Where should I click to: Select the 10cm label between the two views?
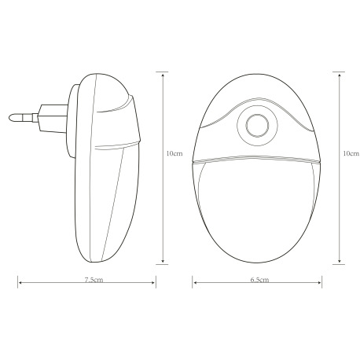[x=174, y=154]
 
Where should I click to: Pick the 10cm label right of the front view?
[x=351, y=154]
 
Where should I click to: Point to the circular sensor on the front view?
[x=255, y=125]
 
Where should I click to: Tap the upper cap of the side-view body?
[x=110, y=102]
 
